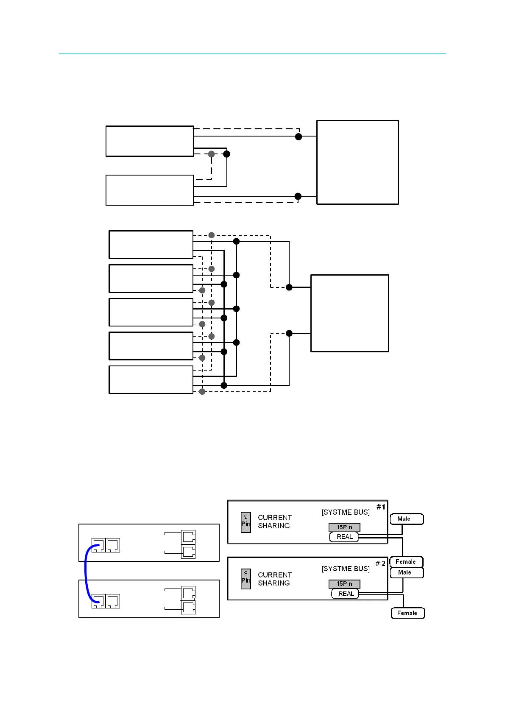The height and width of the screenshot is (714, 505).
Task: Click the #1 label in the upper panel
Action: tap(381, 507)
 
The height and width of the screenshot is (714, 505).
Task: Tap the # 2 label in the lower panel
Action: tap(380, 563)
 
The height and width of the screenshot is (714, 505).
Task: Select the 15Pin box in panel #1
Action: tap(344, 527)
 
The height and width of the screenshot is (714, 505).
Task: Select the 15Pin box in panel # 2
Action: tap(344, 584)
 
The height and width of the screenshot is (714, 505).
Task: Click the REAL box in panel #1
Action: tap(344, 537)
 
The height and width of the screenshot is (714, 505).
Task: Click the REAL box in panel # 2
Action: tap(345, 594)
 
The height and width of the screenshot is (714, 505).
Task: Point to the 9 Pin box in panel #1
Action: tap(246, 522)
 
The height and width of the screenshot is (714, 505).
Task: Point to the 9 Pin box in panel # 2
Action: tap(246, 579)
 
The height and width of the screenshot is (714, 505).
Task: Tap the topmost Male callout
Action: tap(406, 519)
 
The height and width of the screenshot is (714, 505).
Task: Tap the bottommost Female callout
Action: tap(407, 613)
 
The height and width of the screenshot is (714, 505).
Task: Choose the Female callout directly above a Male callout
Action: tap(406, 562)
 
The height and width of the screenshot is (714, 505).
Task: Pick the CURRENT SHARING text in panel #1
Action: tap(274, 522)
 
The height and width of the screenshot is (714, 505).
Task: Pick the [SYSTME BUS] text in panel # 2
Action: tap(345, 569)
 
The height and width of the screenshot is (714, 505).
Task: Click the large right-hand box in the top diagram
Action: tap(357, 162)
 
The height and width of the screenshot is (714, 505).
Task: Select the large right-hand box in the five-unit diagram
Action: tap(349, 313)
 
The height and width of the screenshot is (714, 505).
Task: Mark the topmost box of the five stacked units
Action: tap(151, 245)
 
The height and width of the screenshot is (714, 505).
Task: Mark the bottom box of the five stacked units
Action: tap(151, 379)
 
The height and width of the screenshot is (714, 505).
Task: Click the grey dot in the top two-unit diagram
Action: tap(212, 154)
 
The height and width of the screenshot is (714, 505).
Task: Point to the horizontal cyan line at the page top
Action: tap(252, 54)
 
